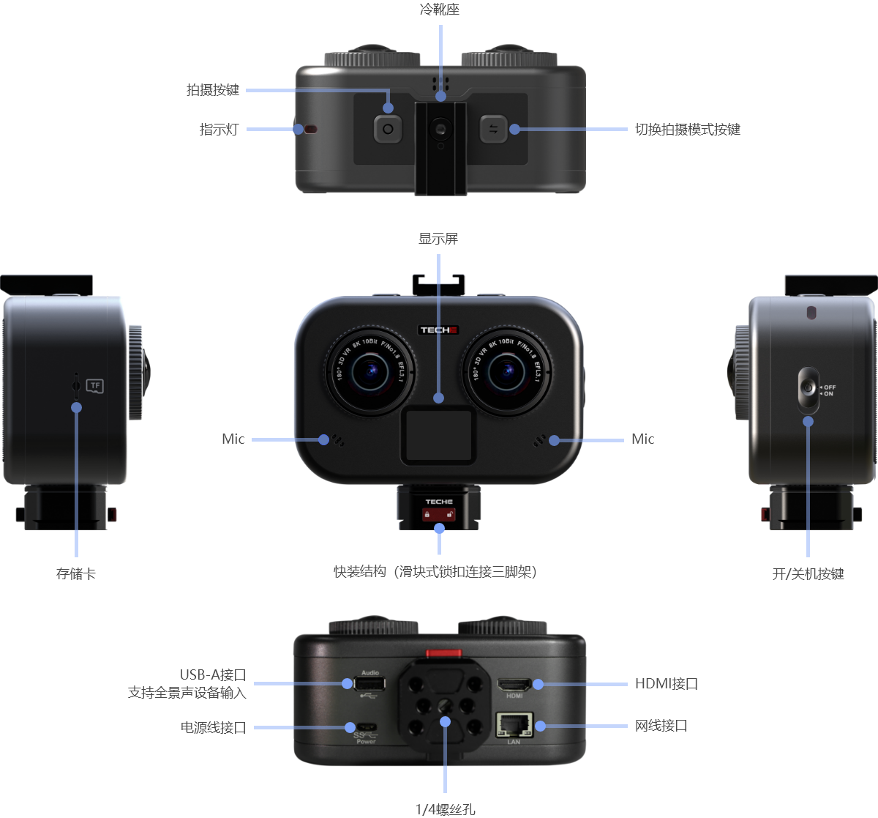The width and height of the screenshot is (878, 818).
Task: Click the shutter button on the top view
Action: tap(388, 130)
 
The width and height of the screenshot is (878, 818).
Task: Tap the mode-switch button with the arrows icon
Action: tap(493, 130)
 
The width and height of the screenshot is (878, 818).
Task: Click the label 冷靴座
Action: tap(440, 10)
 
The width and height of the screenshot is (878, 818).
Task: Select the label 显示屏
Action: tap(438, 239)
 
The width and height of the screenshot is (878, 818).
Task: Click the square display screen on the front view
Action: tap(438, 436)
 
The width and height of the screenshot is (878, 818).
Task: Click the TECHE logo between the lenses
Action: tap(438, 330)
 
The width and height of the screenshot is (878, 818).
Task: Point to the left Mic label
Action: tap(233, 439)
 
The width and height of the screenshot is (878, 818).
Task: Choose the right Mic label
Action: tap(643, 439)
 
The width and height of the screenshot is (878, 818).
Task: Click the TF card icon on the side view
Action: tap(95, 385)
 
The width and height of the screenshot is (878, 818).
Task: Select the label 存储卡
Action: tap(76, 574)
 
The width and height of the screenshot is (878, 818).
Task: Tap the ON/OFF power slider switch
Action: tap(808, 390)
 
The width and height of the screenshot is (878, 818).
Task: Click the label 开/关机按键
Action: tap(808, 574)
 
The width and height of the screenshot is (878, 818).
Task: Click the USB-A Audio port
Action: tap(369, 684)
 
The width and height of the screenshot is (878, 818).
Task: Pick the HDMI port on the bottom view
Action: tap(514, 685)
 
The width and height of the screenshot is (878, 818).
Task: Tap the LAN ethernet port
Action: tap(514, 725)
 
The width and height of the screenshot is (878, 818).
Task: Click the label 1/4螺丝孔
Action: tap(446, 809)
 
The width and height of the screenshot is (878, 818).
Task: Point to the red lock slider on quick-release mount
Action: tap(438, 516)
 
